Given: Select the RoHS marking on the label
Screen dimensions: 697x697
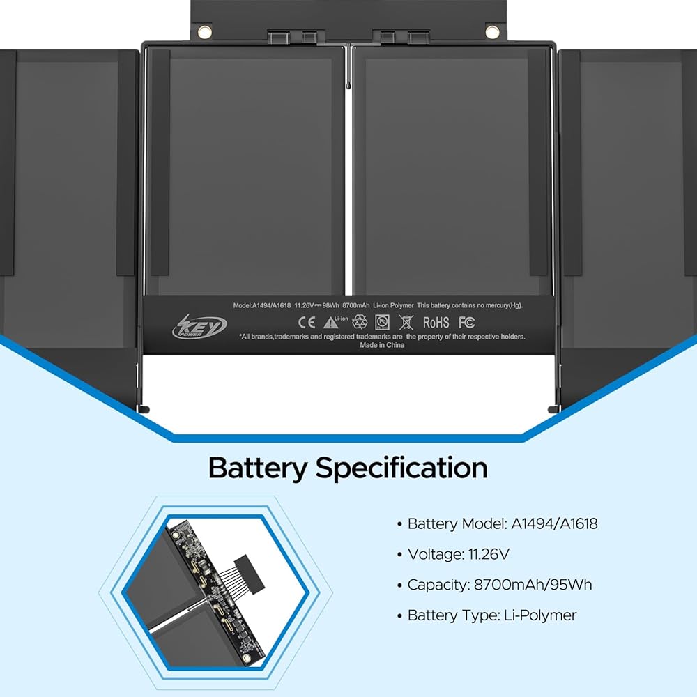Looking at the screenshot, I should click(436, 323).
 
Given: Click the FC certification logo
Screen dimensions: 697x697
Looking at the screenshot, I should click(467, 322).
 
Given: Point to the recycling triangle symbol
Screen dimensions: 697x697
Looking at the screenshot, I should click(360, 322).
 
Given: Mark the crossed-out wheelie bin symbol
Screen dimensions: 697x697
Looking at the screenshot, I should click(406, 322).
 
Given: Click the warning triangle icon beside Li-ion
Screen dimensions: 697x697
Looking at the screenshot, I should click(330, 323).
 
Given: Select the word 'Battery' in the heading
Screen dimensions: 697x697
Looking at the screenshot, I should click(256, 468).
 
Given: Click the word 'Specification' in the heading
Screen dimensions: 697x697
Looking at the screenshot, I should click(401, 468).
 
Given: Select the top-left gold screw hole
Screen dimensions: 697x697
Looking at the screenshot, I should click(204, 31).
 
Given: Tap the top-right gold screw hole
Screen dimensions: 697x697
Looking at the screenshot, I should click(492, 31).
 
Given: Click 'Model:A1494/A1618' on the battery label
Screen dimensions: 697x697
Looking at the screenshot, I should click(262, 305).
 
